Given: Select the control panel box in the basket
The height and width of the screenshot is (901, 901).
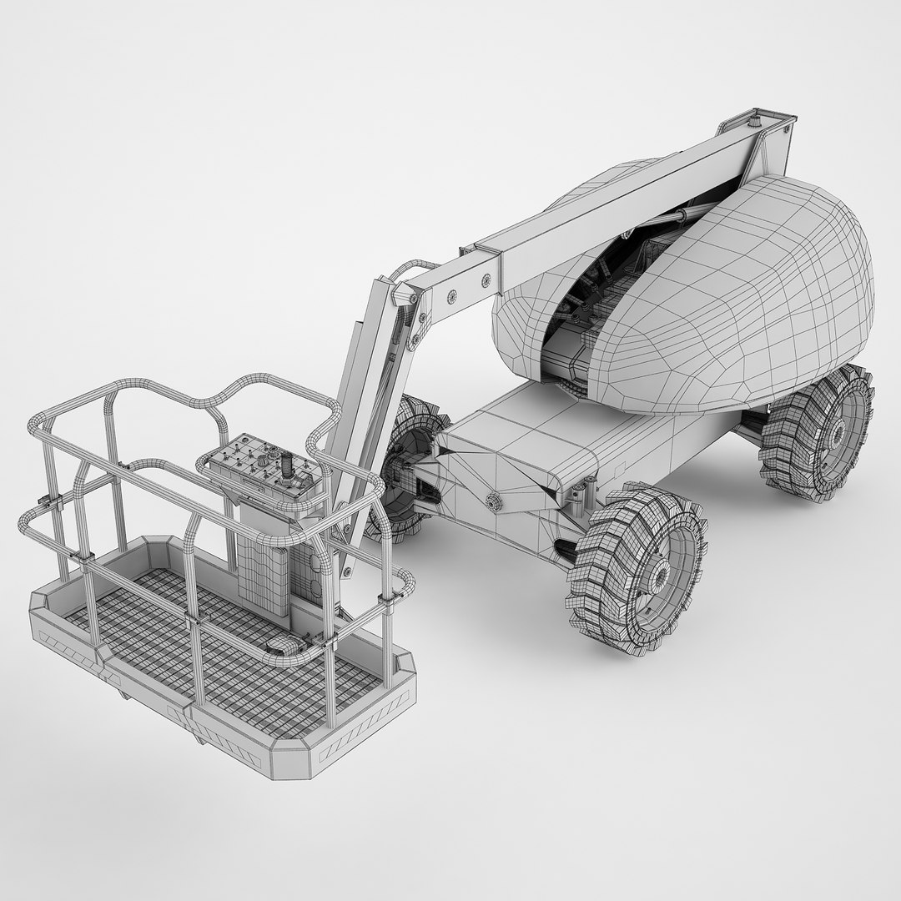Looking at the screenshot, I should click(259, 472).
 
